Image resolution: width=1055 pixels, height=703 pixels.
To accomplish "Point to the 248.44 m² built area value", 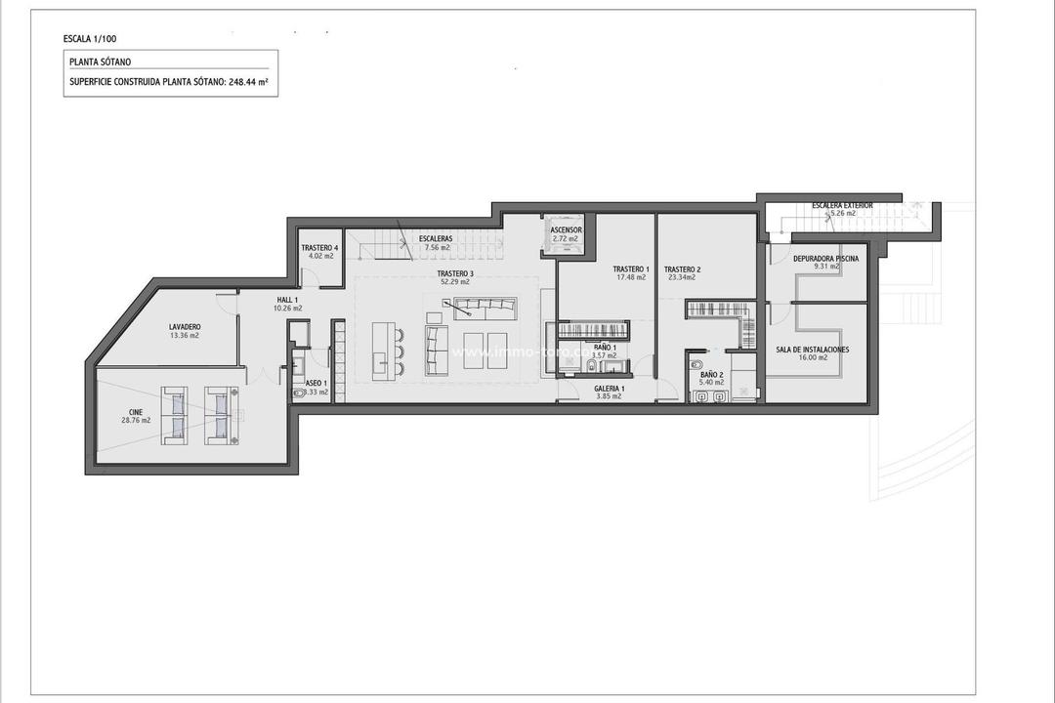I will click(249, 82).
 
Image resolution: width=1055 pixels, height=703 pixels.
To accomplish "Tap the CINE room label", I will click(136, 412).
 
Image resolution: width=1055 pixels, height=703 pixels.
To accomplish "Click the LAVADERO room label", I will click(184, 326).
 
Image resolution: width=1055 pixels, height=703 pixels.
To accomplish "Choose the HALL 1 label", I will click(287, 300).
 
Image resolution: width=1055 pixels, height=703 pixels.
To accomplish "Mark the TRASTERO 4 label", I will click(319, 248).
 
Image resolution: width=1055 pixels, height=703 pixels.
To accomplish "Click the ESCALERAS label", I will click(435, 239).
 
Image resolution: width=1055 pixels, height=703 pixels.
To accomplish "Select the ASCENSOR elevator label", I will click(566, 230).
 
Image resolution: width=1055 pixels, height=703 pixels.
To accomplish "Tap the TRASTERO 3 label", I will click(455, 273).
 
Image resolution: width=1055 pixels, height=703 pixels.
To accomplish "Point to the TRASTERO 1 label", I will click(630, 269).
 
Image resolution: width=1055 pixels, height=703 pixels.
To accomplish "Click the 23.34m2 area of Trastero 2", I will click(682, 277).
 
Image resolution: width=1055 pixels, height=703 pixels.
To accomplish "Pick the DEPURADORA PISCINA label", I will click(826, 258).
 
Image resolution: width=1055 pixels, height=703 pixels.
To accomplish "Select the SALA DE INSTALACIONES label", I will click(812, 349).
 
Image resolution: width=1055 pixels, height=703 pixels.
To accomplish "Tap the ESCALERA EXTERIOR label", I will click(842, 205).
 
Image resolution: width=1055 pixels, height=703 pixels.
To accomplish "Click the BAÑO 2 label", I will click(711, 374).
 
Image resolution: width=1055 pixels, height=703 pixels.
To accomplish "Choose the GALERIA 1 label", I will click(610, 388).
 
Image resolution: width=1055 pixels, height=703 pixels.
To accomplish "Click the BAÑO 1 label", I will click(606, 347).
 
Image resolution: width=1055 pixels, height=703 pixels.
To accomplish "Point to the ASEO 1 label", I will click(316, 383).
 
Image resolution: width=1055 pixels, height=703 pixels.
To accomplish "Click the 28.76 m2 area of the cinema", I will click(136, 421).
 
